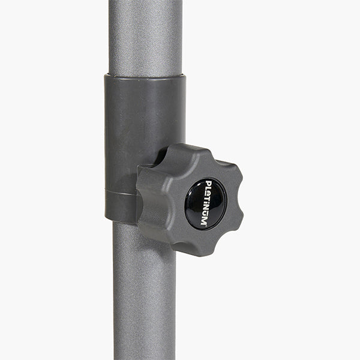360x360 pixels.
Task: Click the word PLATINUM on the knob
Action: click(x=206, y=203)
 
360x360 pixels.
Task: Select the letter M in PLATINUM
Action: click(x=203, y=222)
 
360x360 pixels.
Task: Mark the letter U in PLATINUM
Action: click(x=205, y=215)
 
